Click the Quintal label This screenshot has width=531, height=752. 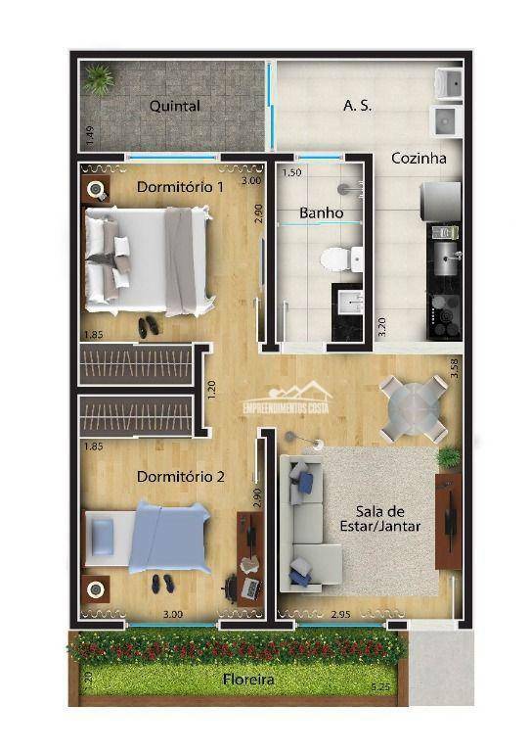[x=175, y=106]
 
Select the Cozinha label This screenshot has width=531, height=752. [x=419, y=158]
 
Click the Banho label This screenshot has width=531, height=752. [x=321, y=211]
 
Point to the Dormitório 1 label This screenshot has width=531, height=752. [x=180, y=186]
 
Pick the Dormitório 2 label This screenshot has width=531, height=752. [x=181, y=477]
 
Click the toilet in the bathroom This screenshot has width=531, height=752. [x=335, y=258]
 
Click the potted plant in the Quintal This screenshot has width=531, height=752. [x=98, y=78]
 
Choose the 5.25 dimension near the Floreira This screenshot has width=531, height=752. [x=379, y=689]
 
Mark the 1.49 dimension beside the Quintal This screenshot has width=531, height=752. [x=89, y=136]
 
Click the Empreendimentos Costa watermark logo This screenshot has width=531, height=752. [x=301, y=399]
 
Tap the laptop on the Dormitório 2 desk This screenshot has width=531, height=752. [x=250, y=588]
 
